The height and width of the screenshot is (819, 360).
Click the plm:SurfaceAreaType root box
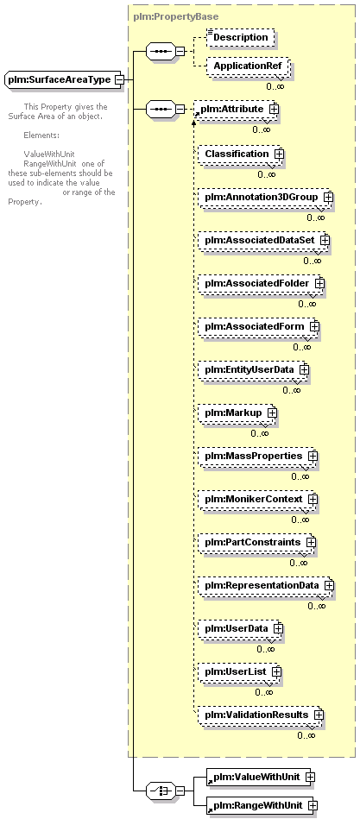tap(63, 80)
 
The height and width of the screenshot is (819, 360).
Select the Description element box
tap(240, 38)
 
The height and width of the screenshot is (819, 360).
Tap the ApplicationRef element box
tap(248, 66)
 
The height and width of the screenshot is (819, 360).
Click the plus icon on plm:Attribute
tap(274, 109)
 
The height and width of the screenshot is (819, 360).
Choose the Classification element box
tap(240, 154)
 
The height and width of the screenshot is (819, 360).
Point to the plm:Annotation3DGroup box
tap(265, 197)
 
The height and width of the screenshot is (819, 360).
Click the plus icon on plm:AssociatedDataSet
tap(325, 240)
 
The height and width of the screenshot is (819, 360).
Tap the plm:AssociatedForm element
tap(259, 326)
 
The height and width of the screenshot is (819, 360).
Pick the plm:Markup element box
tap(237, 413)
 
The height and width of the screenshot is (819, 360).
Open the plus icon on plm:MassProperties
tap(313, 456)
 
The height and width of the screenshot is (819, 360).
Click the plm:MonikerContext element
tap(257, 500)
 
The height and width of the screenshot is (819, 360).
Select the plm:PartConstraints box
tap(257, 542)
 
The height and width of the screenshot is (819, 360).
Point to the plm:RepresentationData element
tap(265, 585)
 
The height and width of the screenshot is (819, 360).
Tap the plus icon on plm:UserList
tap(276, 671)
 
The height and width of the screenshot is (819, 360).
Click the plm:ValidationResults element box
tap(261, 714)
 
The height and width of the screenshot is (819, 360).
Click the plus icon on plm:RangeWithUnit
tap(313, 805)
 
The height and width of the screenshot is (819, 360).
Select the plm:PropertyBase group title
tap(175, 16)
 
